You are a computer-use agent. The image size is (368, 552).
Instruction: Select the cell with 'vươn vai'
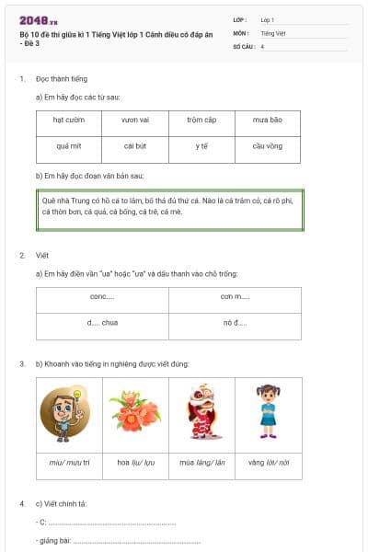[135, 120]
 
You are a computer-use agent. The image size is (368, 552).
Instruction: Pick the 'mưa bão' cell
[268, 120]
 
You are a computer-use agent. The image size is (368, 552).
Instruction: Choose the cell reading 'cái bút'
[135, 145]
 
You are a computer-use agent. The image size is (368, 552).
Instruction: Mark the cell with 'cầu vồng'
[268, 145]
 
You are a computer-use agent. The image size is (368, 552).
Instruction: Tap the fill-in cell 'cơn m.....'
[235, 297]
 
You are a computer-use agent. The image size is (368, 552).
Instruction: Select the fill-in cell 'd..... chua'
[102, 323]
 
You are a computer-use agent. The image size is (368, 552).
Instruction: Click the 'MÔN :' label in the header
[241, 31]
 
